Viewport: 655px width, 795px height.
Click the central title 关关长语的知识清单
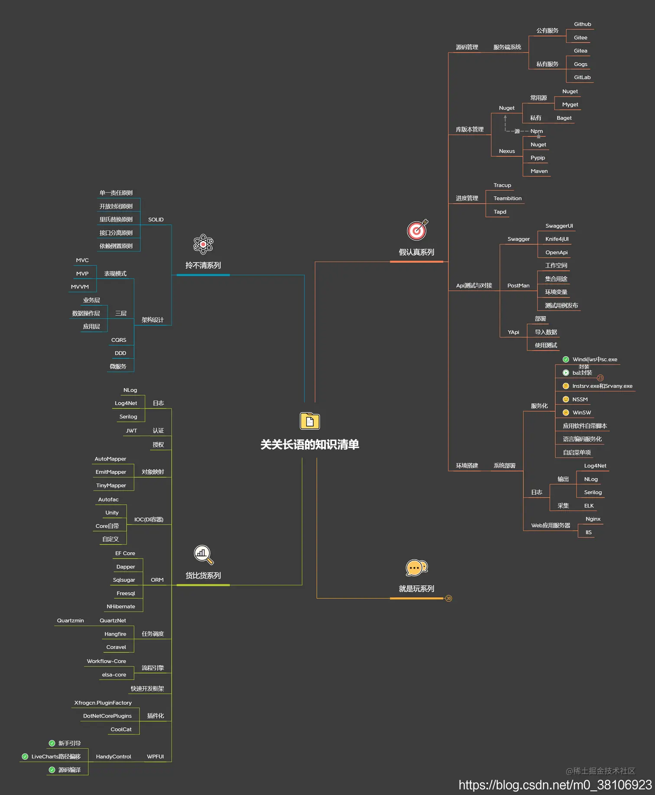(x=309, y=445)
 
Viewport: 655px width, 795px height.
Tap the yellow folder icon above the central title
(x=310, y=421)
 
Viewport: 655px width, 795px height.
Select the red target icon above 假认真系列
(x=417, y=230)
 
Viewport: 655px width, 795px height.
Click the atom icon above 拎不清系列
(x=203, y=244)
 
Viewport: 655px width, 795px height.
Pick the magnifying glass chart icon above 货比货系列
(x=203, y=555)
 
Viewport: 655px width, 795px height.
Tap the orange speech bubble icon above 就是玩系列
(x=416, y=568)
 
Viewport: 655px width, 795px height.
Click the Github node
(x=582, y=24)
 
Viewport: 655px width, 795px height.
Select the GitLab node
(x=582, y=78)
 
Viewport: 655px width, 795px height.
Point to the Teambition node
(x=507, y=198)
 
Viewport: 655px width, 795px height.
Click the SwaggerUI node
(x=559, y=226)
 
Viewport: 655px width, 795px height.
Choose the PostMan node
(x=518, y=286)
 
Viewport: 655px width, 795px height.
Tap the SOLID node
(x=156, y=220)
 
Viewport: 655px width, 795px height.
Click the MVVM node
(x=80, y=287)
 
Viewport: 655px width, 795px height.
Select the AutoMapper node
(x=110, y=459)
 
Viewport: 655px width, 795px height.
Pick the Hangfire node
(x=115, y=634)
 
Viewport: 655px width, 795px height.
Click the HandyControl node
(x=113, y=757)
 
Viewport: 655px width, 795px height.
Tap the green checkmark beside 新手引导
(x=52, y=743)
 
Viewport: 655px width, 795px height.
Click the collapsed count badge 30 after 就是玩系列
(x=449, y=598)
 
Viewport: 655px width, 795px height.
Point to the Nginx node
(x=593, y=519)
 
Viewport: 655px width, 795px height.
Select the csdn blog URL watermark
(x=555, y=785)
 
